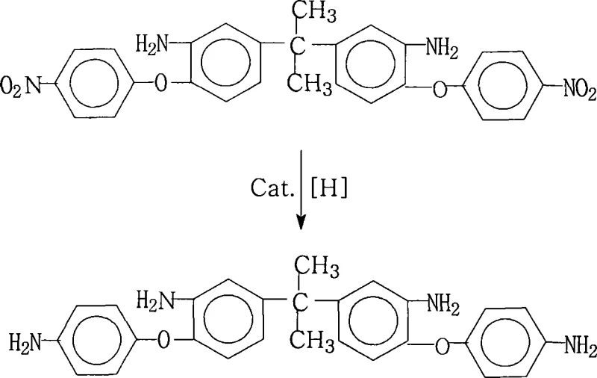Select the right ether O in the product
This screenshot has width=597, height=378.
[441, 344]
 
